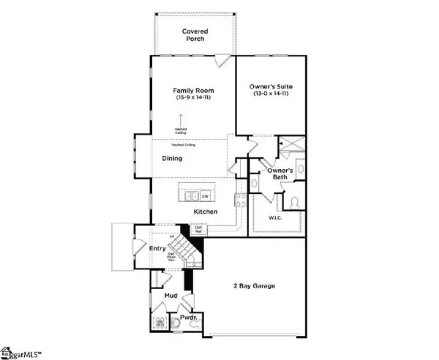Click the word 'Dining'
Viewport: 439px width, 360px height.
(173, 157)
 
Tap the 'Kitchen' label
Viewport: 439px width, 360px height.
(206, 211)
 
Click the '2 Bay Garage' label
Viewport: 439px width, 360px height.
(255, 285)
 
